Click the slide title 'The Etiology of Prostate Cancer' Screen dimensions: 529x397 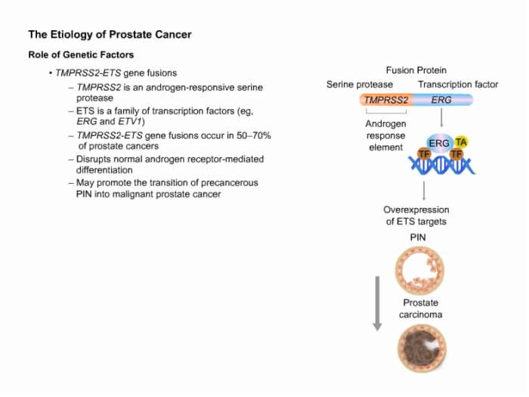tap(110, 35)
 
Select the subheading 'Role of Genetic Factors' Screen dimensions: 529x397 tap(81, 54)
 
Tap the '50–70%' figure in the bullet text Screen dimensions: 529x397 tap(254, 135)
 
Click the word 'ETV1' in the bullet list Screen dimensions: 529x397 tap(129, 121)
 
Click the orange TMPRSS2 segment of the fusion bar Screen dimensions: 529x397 tap(386, 100)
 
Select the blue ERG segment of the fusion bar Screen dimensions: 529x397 tap(443, 100)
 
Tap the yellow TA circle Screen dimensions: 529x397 tap(461, 142)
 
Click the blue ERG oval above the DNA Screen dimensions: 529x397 tap(439, 144)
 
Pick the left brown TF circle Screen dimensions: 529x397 tap(424, 154)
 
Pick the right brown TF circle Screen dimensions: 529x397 tap(456, 154)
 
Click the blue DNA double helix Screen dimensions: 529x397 tap(442, 166)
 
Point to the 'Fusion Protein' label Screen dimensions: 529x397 tap(416, 70)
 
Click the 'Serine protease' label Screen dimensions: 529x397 tap(360, 85)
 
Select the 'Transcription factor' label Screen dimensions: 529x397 tap(458, 85)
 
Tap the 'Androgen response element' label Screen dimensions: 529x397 tap(385, 135)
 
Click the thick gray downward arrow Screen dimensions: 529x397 tap(378, 303)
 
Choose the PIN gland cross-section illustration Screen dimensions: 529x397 tap(419, 271)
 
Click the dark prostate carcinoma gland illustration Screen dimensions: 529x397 tap(422, 349)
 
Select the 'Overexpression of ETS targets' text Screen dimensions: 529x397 tap(416, 216)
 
